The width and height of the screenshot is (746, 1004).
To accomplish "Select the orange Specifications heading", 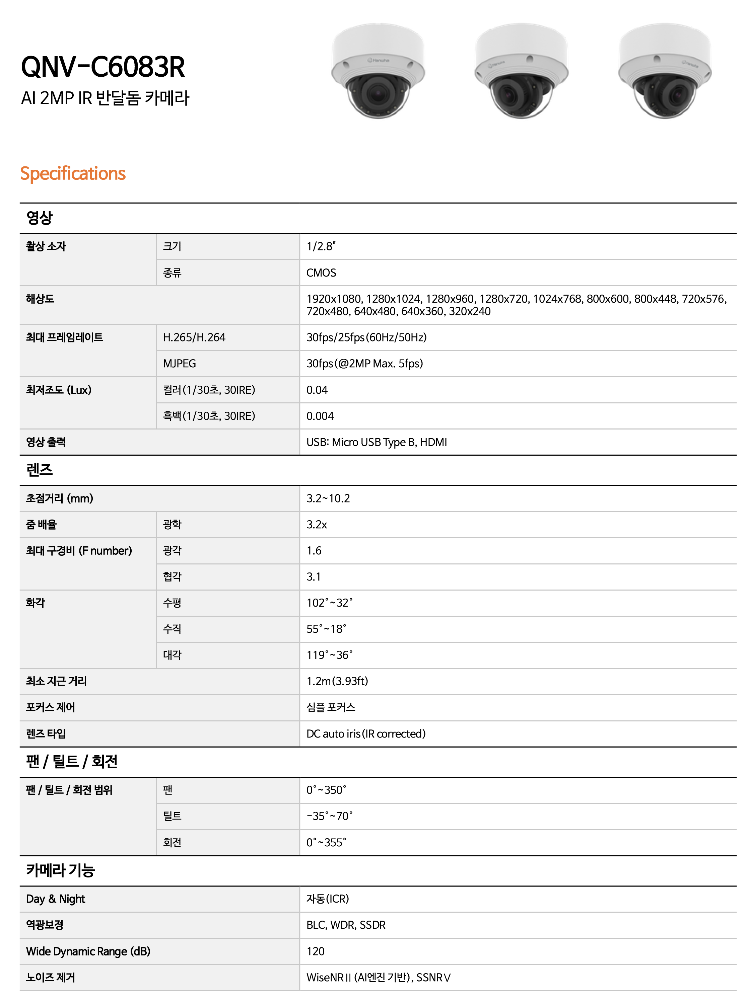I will (x=73, y=174).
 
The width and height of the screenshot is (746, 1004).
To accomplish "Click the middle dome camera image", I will (x=521, y=71).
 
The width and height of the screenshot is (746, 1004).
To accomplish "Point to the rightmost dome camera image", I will (x=664, y=71).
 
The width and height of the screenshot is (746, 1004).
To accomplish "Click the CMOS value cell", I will (x=321, y=273).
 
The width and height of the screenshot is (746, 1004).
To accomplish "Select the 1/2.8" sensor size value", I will (x=321, y=246).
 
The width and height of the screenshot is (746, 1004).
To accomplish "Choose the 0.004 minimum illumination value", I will (x=320, y=416).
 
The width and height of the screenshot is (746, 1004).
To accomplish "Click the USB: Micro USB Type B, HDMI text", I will (x=377, y=442).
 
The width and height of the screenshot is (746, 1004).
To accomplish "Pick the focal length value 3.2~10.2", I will (x=328, y=498).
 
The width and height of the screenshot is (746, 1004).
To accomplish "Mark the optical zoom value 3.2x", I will (x=317, y=525).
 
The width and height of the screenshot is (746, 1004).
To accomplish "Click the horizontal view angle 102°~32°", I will (x=330, y=603).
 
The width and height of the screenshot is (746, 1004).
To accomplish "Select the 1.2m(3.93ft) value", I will (x=337, y=681).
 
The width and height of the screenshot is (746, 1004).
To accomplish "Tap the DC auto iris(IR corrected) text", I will (x=366, y=734).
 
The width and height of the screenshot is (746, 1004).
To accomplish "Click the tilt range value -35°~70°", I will (x=330, y=816).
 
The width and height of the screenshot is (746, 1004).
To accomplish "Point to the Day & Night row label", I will (x=56, y=899).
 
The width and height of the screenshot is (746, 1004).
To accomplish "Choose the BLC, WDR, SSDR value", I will (x=346, y=925).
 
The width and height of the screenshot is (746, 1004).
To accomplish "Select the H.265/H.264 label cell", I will (x=194, y=337).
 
